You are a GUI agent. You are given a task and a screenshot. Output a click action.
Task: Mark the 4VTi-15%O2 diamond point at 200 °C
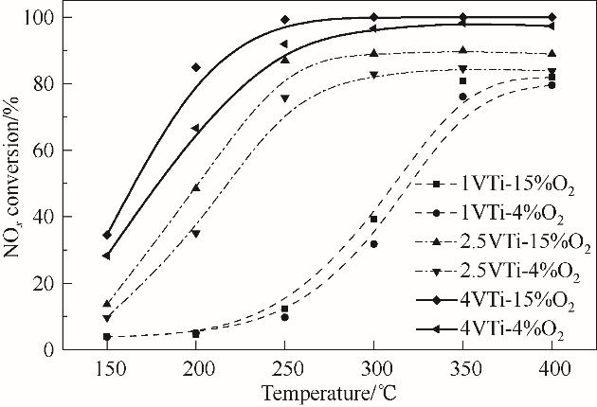point(196,67)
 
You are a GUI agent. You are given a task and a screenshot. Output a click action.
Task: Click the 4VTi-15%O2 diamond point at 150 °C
point(107,235)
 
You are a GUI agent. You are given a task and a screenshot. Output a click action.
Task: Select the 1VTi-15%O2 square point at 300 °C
point(373,219)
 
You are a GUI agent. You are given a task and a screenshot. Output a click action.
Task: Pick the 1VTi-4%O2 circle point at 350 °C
point(462,97)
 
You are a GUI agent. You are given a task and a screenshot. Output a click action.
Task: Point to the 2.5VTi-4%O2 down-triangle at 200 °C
point(196,234)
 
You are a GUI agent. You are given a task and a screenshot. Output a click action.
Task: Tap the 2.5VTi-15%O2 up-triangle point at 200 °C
point(196,187)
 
